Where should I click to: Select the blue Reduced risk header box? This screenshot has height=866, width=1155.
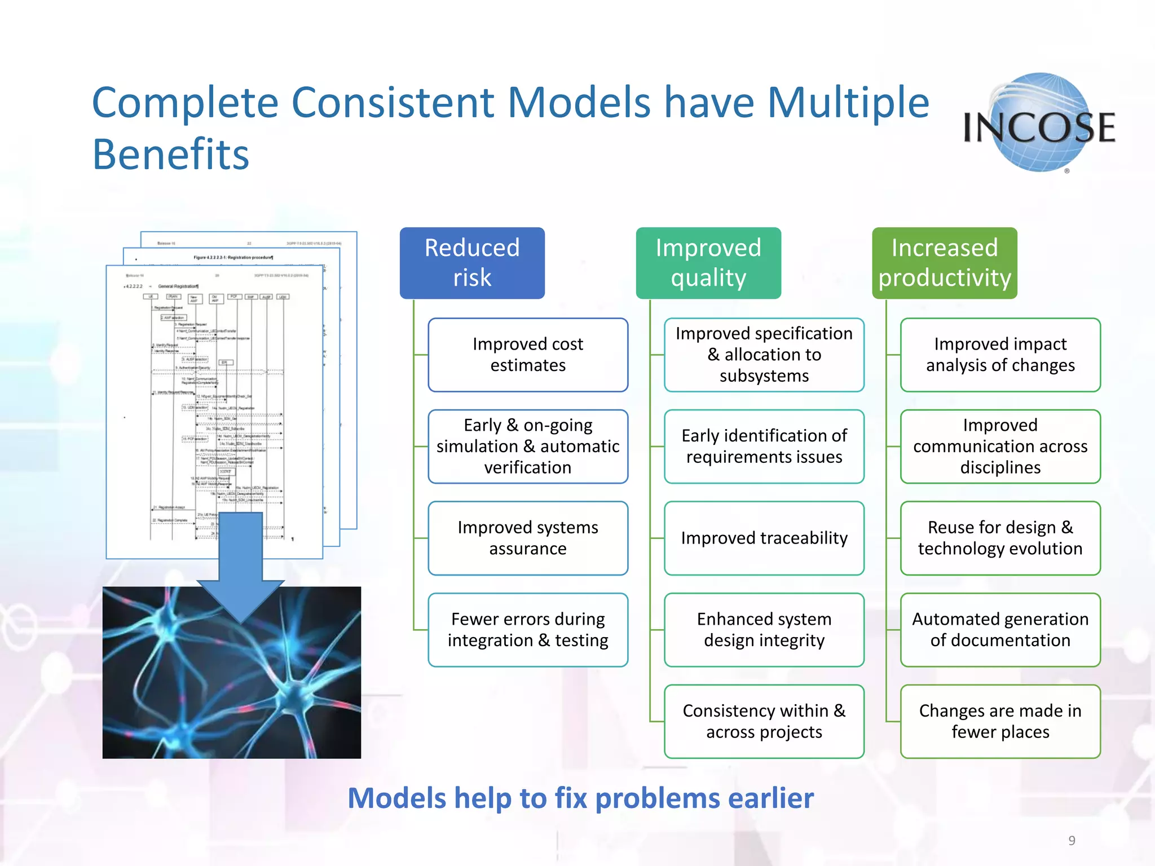(x=472, y=263)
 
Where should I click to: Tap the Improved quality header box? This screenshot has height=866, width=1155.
(x=708, y=263)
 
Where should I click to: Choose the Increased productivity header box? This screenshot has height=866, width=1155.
(x=945, y=263)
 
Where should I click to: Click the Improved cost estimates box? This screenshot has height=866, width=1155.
(x=528, y=355)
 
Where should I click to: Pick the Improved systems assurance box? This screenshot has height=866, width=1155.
(x=528, y=538)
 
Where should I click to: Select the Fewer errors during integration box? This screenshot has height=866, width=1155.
(x=528, y=630)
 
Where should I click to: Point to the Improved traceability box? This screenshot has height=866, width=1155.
(x=764, y=538)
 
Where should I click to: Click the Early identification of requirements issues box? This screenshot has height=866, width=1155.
(x=764, y=446)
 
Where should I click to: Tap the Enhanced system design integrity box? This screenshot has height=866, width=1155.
(x=764, y=630)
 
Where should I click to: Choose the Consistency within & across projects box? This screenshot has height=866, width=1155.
(x=764, y=721)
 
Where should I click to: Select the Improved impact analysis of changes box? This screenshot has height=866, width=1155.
(x=1000, y=355)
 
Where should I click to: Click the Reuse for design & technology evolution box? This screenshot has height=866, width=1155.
(x=1000, y=538)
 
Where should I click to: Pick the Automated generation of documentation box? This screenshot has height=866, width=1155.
(x=1000, y=630)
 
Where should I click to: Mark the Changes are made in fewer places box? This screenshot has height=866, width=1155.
(x=1000, y=721)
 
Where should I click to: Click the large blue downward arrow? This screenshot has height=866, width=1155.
(x=241, y=564)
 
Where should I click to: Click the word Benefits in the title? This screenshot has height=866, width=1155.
(x=170, y=154)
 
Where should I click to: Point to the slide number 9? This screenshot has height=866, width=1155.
(x=1072, y=841)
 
